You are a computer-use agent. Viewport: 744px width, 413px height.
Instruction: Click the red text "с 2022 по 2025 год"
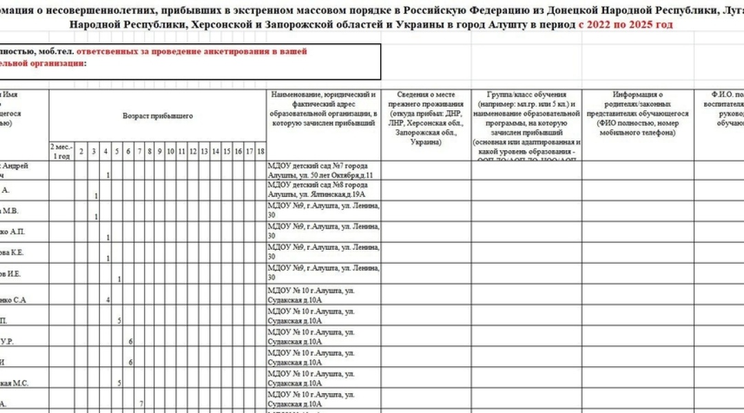pyautogui.click(x=625, y=24)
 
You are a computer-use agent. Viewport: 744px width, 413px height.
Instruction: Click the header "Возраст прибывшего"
pyautogui.click(x=158, y=116)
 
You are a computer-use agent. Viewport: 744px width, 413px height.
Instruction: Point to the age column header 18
pyautogui.click(x=260, y=151)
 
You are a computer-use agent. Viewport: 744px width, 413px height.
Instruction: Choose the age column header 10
pyautogui.click(x=170, y=151)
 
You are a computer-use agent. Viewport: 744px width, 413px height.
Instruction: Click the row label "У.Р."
pyautogui.click(x=7, y=341)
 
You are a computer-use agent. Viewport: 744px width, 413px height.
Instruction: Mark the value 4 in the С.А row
pyautogui.click(x=108, y=300)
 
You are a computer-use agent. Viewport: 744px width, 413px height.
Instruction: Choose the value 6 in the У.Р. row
pyautogui.click(x=130, y=341)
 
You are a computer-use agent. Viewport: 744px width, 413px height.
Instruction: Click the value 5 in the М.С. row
pyautogui.click(x=119, y=383)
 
